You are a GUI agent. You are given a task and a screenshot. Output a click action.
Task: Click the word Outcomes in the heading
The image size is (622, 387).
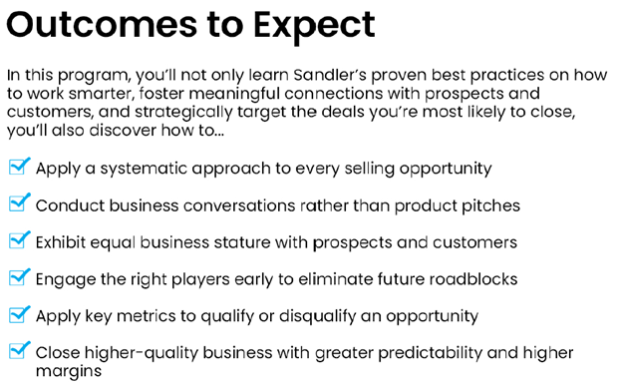click(102, 25)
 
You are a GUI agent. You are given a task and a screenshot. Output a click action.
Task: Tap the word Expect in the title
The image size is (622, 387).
click(314, 27)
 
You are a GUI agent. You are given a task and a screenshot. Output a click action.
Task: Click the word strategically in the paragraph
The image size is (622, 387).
click(183, 113)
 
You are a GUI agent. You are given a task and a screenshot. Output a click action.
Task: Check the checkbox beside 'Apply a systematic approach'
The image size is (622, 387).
click(19, 166)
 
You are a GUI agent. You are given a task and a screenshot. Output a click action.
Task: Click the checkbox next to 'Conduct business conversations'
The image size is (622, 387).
click(19, 202)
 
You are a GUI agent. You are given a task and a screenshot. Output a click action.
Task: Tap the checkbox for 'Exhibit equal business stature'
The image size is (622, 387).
click(19, 239)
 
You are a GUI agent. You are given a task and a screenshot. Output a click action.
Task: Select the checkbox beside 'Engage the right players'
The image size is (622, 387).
click(19, 276)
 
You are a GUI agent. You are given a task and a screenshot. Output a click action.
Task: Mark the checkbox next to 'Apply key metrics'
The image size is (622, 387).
click(19, 314)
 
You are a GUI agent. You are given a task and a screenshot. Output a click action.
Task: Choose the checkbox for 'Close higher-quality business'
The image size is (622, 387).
click(19, 350)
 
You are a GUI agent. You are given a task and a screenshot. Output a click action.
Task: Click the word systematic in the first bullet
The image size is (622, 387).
click(144, 169)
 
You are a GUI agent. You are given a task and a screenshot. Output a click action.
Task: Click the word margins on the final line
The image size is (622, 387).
click(69, 371)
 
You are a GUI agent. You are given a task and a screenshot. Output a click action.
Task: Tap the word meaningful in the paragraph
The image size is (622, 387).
click(234, 94)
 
